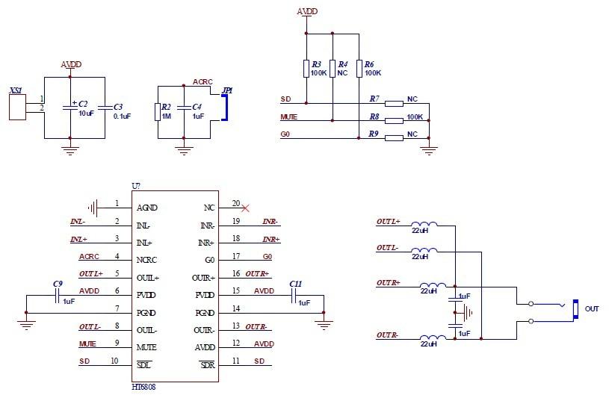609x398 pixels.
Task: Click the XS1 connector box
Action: pos(16,107)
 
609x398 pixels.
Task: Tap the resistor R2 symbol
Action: pos(157,112)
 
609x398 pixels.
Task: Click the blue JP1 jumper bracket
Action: pos(223,107)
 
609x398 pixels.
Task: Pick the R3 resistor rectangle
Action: pos(306,69)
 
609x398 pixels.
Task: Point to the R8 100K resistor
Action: pos(394,117)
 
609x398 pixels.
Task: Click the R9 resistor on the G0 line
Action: pos(394,135)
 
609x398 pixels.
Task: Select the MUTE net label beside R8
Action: pos(288,117)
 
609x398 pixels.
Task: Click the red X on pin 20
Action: pos(244,208)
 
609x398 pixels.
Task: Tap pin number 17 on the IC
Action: pos(236,260)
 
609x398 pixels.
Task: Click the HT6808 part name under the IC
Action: pos(143,388)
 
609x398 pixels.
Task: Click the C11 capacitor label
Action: pos(295,284)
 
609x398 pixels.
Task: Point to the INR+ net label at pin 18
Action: pos(271,239)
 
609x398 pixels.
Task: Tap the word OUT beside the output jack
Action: pos(592,308)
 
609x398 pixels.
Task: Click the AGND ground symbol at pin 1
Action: pos(93,207)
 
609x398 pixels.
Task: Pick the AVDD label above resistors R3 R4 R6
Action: pos(307,12)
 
